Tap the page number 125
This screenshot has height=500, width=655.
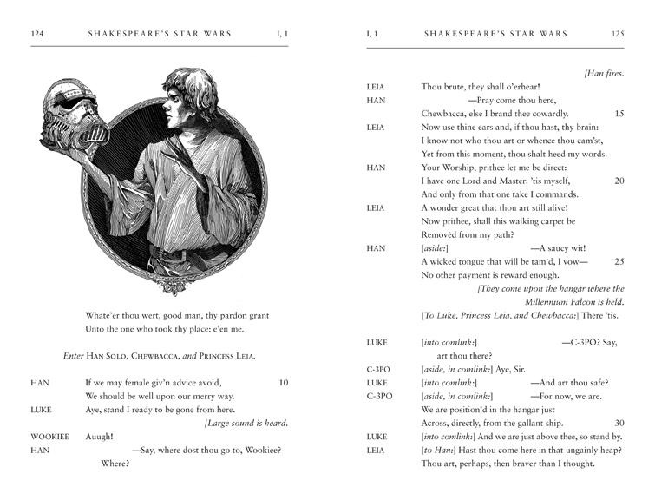click(618, 34)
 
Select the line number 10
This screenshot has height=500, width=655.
click(283, 382)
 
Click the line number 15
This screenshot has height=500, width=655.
click(619, 114)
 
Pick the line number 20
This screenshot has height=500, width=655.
click(619, 181)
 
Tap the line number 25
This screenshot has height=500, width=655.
click(619, 261)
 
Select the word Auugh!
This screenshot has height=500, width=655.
click(100, 436)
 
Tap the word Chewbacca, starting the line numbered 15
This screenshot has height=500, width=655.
click(449, 114)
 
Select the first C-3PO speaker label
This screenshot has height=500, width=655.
click(378, 369)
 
